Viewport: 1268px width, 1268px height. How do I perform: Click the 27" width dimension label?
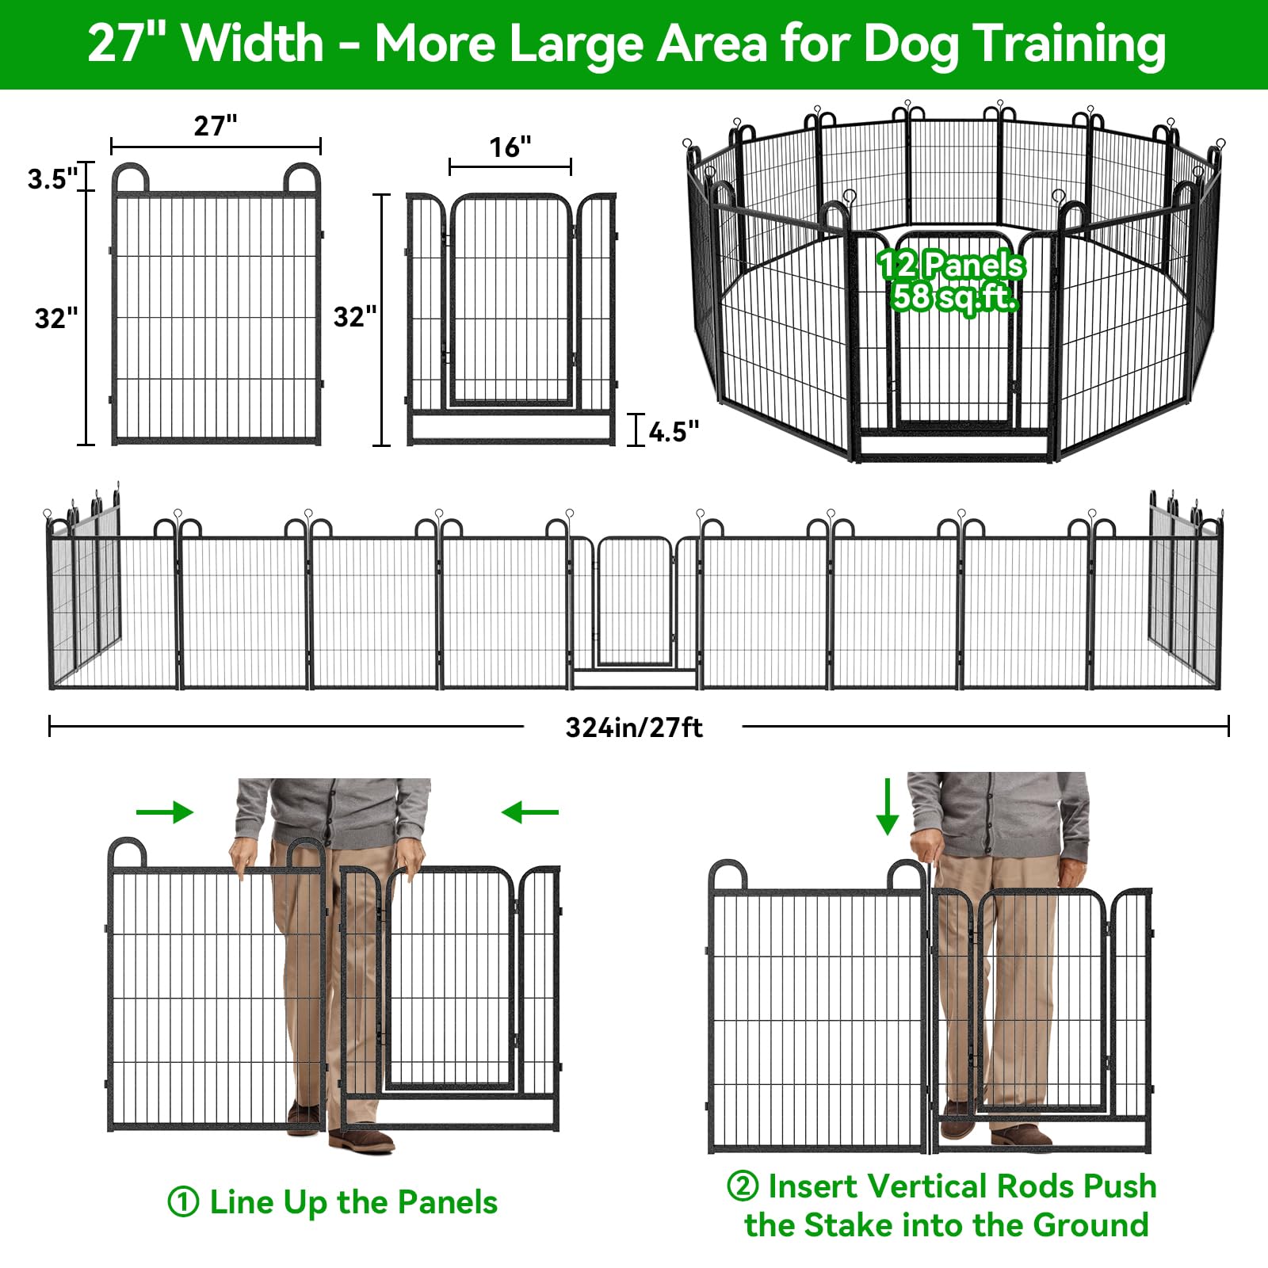pyautogui.click(x=216, y=125)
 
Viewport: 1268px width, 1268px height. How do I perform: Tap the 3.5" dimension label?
pyautogui.click(x=52, y=178)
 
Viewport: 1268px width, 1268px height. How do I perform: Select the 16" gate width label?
pyautogui.click(x=510, y=147)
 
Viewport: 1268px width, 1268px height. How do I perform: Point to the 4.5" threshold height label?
pyautogui.click(x=674, y=431)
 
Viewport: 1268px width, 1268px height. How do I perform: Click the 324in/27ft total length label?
pyautogui.click(x=634, y=727)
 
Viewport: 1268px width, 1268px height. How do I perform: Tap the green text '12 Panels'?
pyautogui.click(x=951, y=265)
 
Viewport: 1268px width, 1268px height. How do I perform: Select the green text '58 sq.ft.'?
pyautogui.click(x=953, y=297)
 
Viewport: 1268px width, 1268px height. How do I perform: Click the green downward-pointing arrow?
pyautogui.click(x=888, y=807)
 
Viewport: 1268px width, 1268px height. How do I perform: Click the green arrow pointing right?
pyautogui.click(x=165, y=812)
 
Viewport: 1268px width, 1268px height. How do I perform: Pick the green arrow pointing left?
pyautogui.click(x=530, y=812)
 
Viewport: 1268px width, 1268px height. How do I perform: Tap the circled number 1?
pyautogui.click(x=183, y=1202)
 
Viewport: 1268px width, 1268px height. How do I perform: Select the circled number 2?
pyautogui.click(x=743, y=1186)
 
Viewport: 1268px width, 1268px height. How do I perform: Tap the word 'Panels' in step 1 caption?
pyautogui.click(x=447, y=1202)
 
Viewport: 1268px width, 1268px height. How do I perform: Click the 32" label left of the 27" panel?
pyautogui.click(x=56, y=318)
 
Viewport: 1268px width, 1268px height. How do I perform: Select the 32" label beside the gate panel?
pyautogui.click(x=355, y=316)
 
